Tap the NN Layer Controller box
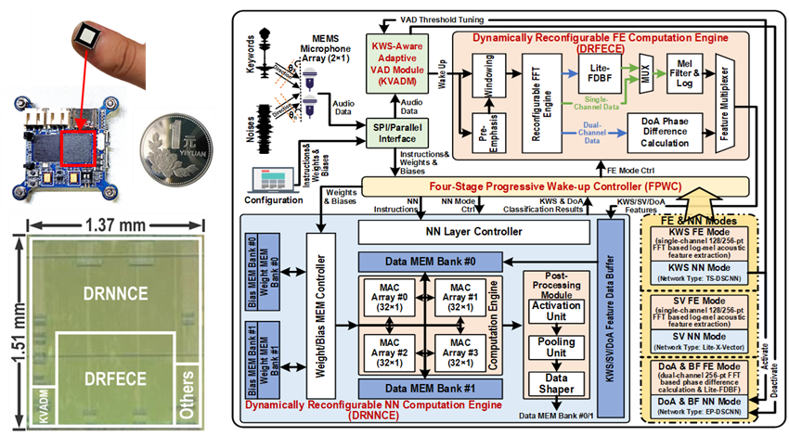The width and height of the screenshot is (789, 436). click(x=473, y=230)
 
